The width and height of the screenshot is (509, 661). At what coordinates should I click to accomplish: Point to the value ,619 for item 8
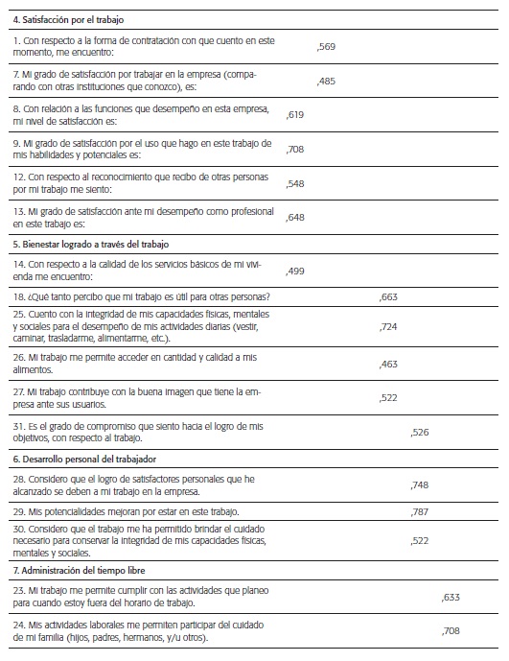point(295,115)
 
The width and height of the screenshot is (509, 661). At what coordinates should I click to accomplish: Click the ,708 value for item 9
point(295,150)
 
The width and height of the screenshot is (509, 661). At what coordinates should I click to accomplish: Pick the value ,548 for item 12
point(295,183)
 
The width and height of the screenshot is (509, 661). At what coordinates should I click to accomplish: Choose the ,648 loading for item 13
point(295,218)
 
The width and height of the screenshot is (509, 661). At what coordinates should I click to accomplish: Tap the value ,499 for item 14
point(295,271)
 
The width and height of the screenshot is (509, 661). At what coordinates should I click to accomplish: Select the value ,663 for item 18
point(388,297)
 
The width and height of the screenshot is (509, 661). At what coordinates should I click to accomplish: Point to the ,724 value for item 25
point(388,327)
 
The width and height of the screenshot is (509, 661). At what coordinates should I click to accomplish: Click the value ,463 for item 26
point(388,364)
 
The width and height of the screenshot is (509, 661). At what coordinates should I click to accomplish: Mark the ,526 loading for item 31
point(419,433)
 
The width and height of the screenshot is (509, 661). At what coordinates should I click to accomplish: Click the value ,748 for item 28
point(419,484)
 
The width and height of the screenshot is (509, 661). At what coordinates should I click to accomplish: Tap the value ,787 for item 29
point(419,511)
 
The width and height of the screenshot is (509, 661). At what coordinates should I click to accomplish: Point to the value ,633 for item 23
point(451,597)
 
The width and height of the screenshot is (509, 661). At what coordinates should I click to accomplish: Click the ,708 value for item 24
point(451,631)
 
